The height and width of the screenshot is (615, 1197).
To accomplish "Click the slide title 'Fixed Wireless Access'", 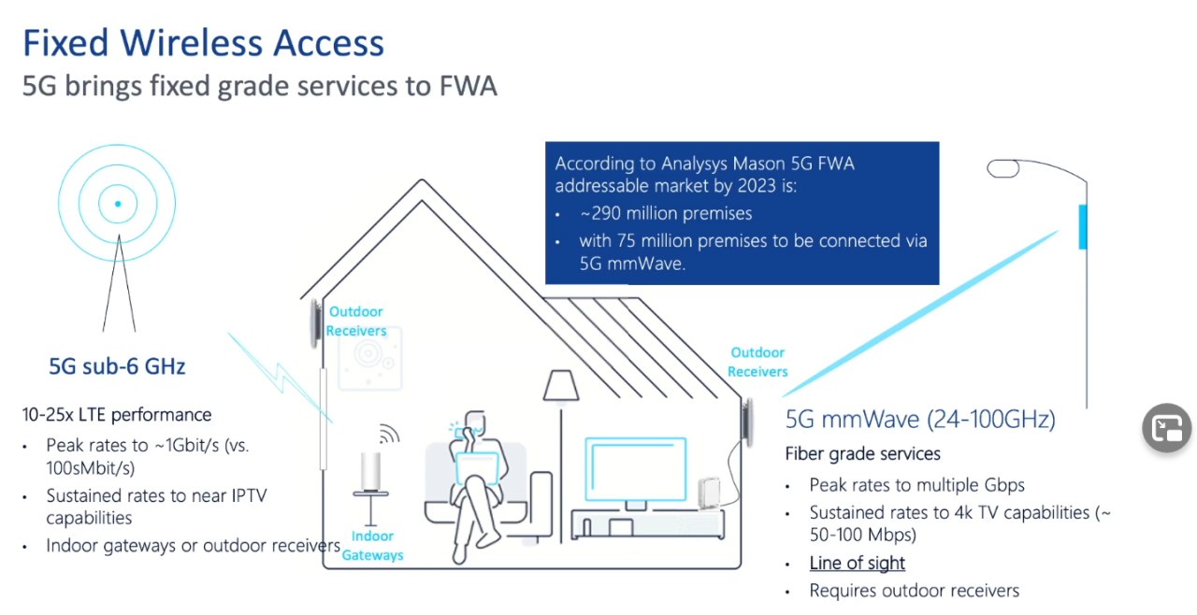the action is [204, 43].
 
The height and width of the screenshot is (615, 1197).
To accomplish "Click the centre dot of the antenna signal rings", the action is [118, 204].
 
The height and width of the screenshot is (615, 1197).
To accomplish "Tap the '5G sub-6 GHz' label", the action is [117, 366].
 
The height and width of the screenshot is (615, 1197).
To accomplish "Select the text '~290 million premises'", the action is [666, 213].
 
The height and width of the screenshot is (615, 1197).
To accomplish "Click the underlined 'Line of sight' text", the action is [858, 563].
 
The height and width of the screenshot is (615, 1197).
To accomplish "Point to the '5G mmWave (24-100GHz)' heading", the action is [920, 420].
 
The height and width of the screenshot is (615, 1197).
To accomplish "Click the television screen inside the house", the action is [635, 469].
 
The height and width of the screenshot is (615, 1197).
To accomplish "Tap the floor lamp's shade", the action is [561, 385].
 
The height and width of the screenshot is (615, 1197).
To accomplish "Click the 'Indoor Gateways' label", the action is [372, 546].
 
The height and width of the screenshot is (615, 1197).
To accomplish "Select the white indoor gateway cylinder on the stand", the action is [371, 471].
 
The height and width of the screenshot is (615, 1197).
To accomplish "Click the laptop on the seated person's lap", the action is [477, 467].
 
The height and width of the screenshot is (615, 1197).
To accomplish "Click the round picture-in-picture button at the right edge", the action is [1167, 428].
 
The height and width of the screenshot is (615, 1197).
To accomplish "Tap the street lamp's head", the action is [1003, 168].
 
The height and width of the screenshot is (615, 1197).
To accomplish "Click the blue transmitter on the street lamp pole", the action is [1083, 227].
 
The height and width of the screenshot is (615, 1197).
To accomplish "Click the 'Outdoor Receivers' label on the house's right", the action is [757, 362].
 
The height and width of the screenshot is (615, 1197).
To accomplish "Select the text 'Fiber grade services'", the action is [862, 454].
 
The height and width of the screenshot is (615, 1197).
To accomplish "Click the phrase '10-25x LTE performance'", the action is [117, 415].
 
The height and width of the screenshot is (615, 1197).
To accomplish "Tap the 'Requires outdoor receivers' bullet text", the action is [915, 591].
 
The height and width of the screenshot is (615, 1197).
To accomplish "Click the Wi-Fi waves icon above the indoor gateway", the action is [390, 434].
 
